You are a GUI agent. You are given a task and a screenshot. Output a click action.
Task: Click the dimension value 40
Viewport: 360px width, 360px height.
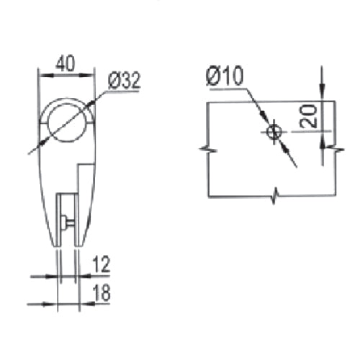(66, 63)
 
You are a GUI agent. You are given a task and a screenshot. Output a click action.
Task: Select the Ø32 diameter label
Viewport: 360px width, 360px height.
(124, 81)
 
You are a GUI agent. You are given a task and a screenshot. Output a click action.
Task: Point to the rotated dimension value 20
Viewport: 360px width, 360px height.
(309, 115)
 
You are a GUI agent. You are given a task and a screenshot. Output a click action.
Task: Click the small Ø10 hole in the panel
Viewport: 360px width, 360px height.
(274, 131)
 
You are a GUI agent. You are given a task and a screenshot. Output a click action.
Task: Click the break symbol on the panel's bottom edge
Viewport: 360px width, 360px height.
(274, 195)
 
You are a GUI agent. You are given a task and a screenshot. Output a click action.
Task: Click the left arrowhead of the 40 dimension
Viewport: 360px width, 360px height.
(42, 73)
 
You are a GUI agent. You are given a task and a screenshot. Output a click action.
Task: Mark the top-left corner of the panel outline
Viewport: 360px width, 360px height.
(207, 102)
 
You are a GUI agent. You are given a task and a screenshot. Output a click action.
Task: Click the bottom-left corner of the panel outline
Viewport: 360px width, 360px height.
(207, 195)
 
